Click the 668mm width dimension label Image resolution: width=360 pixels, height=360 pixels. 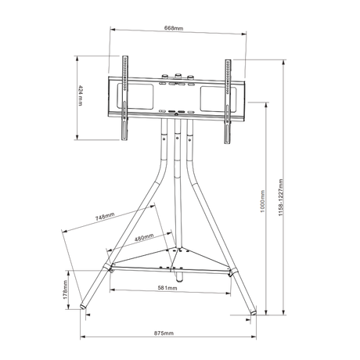pyautogui.click(x=174, y=28)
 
